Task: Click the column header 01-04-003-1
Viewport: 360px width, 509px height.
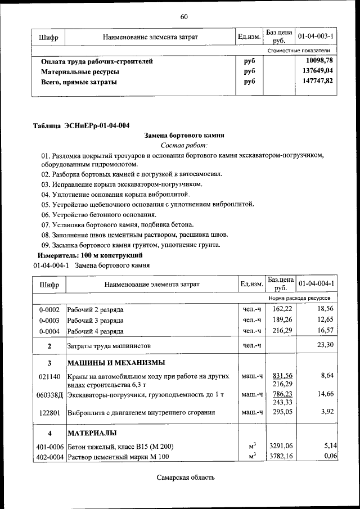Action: pos(316,37)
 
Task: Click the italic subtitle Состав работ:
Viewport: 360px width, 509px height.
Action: pos(184,145)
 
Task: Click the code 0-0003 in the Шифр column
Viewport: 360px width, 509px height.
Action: pos(49,320)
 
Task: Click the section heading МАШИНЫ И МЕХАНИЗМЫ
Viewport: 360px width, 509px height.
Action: pos(116,362)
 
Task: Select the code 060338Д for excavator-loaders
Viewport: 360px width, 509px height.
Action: pos(50,395)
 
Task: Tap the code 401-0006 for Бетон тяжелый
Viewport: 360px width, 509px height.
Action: pos(49,447)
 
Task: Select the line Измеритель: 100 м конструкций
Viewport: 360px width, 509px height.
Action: pos(90,255)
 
